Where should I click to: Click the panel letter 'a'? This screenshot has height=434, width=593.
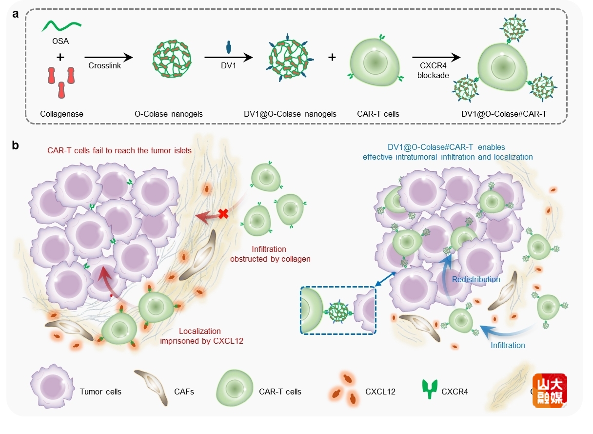click(x=16, y=14)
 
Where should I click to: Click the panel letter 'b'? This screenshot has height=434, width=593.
click(x=16, y=145)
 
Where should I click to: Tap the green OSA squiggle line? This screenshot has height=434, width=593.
click(x=60, y=25)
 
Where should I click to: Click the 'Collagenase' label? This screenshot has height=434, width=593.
click(x=61, y=114)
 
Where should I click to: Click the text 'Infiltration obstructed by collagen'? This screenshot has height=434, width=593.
click(x=270, y=254)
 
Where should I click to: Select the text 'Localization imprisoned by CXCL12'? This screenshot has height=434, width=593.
click(x=201, y=336)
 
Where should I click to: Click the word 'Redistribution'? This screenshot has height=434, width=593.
click(x=476, y=280)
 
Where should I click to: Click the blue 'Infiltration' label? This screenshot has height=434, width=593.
click(x=508, y=346)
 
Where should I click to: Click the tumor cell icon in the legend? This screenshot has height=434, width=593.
click(x=49, y=390)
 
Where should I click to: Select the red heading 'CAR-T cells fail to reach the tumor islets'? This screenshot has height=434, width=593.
click(x=119, y=151)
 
